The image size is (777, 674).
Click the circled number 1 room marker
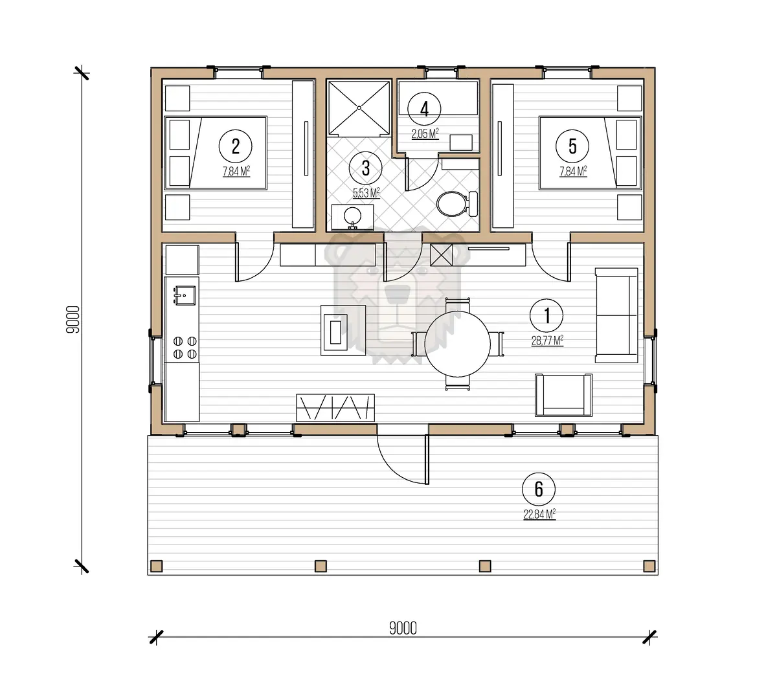pyautogui.click(x=546, y=315)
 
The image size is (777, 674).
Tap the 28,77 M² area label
pyautogui.click(x=547, y=341)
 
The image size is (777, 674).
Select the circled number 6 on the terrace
pyautogui.click(x=539, y=489)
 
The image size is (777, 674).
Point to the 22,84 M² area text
pyautogui.click(x=539, y=515)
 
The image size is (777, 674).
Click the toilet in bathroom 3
pyautogui.click(x=457, y=204)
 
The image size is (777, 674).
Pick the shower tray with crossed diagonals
pyautogui.click(x=359, y=108)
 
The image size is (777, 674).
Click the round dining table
pyautogui.click(x=457, y=344)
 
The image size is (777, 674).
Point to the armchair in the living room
pyautogui.click(x=563, y=396)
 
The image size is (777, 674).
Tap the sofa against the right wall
pyautogui.click(x=616, y=315)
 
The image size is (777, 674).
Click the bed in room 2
pyautogui.click(x=216, y=153)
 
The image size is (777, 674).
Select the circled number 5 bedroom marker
pyautogui.click(x=572, y=146)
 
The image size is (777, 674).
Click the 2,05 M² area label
pyautogui.click(x=425, y=133)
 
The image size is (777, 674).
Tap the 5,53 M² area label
pyautogui.click(x=366, y=193)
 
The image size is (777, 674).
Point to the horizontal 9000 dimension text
pyautogui.click(x=403, y=628)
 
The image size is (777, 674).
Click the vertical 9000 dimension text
pyautogui.click(x=73, y=319)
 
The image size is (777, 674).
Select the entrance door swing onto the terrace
pyautogui.click(x=403, y=460)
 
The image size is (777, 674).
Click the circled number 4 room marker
pyautogui.click(x=424, y=109)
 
